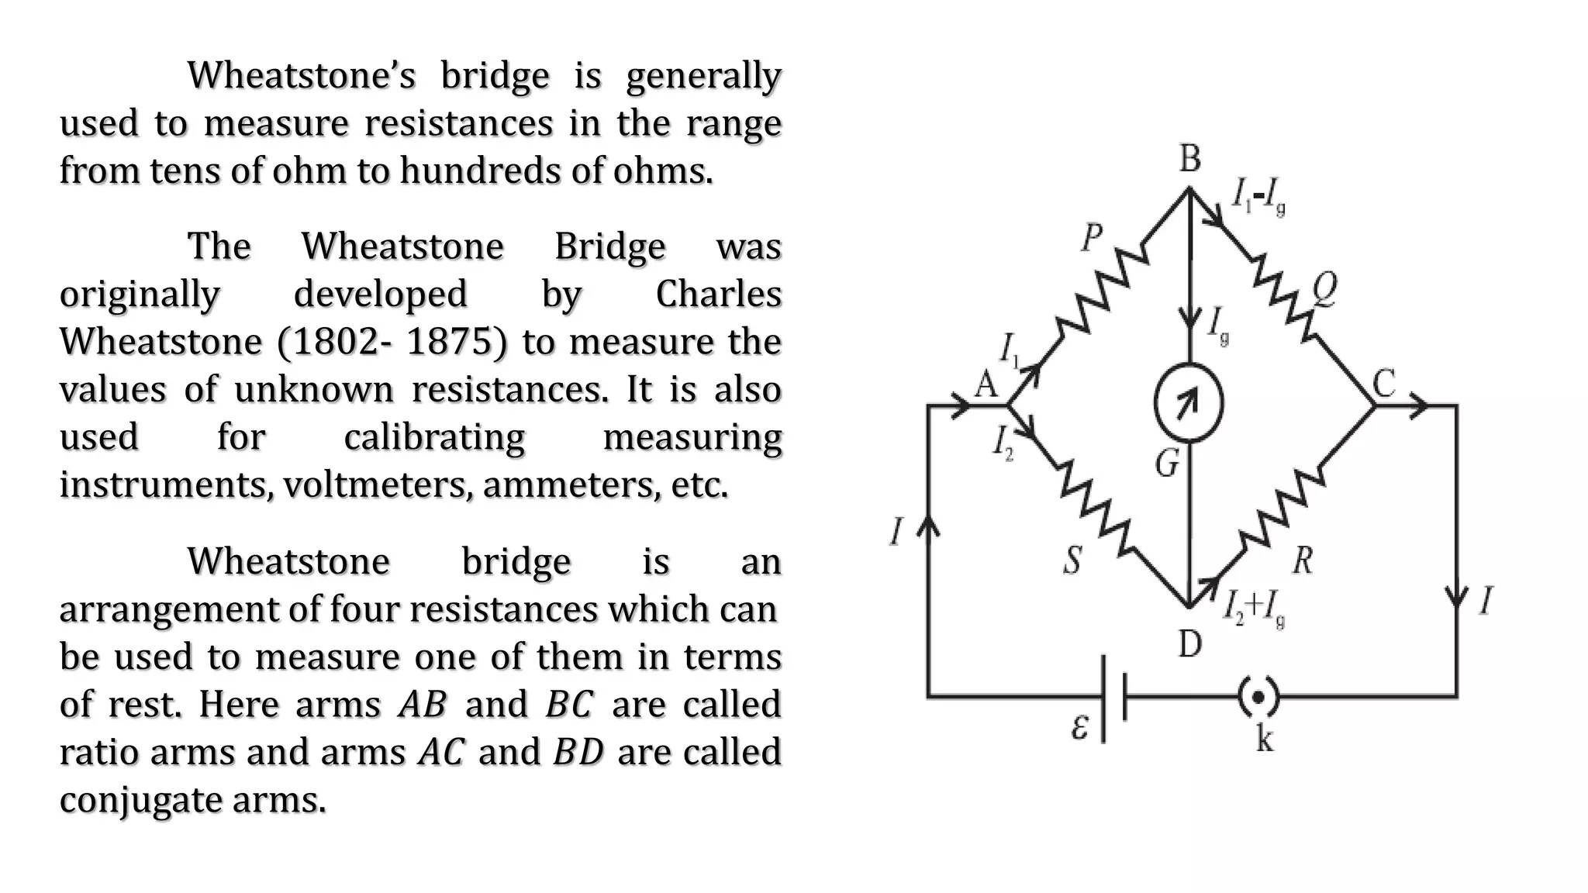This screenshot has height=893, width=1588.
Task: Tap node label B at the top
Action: tap(1190, 158)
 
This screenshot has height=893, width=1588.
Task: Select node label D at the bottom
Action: tap(1190, 643)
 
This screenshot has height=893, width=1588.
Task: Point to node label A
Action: tap(986, 383)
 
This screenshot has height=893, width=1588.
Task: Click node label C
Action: tap(1385, 383)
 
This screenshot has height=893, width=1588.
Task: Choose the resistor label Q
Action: tap(1324, 290)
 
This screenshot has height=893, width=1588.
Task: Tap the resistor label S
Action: tap(1072, 560)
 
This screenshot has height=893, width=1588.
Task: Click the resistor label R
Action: tap(1303, 560)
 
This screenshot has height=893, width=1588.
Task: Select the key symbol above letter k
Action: tap(1257, 697)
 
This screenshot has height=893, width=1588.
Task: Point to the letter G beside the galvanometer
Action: tap(1168, 464)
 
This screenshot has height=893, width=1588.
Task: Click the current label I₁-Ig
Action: tap(1260, 197)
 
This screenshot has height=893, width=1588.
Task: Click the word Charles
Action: tap(718, 294)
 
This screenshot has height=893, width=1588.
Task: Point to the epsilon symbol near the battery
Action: tap(1079, 727)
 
